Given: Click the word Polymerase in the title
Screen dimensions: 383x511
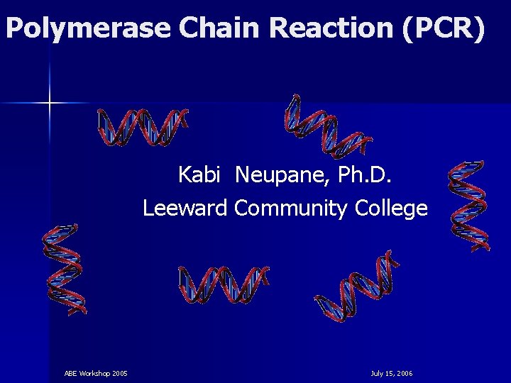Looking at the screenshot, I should (x=88, y=28).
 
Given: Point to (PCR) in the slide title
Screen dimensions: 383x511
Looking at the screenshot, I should (x=444, y=28).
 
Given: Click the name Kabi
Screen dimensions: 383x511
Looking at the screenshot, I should (x=199, y=174).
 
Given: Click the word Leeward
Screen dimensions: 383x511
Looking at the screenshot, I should (x=185, y=209).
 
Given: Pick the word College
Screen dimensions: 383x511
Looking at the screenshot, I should (x=391, y=209).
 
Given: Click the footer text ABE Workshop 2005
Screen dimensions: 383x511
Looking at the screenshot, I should (x=96, y=373).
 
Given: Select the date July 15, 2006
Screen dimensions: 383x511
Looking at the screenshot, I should (x=391, y=373).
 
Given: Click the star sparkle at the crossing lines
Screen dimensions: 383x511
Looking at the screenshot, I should (x=50, y=104).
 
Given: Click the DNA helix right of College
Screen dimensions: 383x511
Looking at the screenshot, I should (x=468, y=206).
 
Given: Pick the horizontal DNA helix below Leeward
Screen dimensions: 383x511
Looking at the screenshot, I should (x=223, y=284).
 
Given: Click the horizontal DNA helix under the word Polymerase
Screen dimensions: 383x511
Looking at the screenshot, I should (x=143, y=128).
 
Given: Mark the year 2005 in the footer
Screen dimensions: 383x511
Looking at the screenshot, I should (x=120, y=373).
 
